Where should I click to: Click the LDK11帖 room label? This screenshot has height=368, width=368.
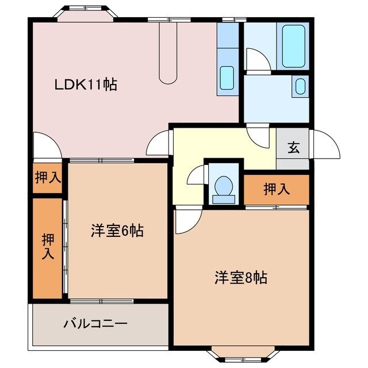coord(86,85)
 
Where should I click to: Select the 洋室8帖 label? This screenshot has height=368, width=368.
coord(240,278)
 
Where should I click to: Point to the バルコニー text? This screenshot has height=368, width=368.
coord(95,323)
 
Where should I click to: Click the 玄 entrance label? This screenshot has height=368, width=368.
coord(293,147)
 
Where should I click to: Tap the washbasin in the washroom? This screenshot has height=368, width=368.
coord(299,86)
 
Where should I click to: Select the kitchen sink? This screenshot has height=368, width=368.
coord(227,76)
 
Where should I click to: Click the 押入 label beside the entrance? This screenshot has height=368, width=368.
coord(277,189)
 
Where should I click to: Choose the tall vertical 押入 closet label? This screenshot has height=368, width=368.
coord(47,247)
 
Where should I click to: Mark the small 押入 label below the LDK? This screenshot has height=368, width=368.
coord(47,178)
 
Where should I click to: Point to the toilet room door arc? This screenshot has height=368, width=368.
coord(196,175)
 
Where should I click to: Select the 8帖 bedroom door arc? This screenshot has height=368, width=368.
coord(187,221)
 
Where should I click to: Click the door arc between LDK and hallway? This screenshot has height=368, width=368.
coord(159,144)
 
